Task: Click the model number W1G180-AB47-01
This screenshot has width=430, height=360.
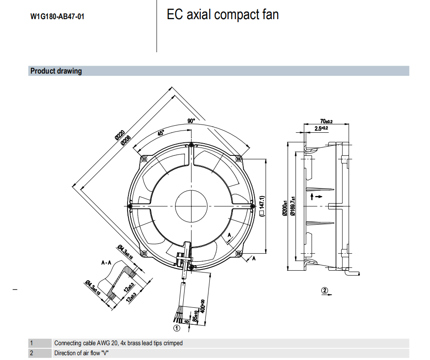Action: pos(57,17)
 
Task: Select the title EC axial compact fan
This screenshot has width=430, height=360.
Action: pos(222,15)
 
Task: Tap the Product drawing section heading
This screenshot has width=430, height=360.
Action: pos(56,71)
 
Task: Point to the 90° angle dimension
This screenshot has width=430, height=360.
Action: pos(191,121)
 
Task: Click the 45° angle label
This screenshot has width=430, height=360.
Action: pos(161,133)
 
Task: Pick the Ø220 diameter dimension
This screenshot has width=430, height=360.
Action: pos(120,135)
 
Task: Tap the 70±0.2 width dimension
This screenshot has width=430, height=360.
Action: pos(326,121)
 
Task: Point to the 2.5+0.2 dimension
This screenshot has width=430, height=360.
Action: pos(322,128)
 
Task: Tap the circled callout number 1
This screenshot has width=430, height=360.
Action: pos(177,327)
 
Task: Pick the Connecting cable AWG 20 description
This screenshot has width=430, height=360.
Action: pos(118,343)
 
